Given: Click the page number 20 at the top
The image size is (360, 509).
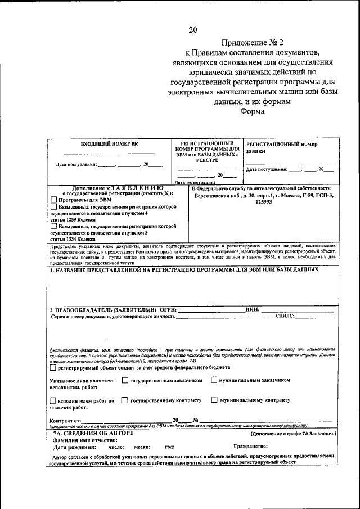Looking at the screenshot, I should (193, 29).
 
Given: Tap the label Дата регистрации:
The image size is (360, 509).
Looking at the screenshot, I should (196, 182).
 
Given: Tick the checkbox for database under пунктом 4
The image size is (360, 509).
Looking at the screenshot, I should (53, 208).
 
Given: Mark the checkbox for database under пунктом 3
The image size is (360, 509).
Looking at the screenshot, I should (53, 226).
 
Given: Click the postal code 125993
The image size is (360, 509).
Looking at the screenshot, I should (263, 202).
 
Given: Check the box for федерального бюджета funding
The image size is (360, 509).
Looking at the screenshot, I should (53, 368).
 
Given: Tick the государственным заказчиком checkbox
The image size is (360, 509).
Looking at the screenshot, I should (125, 380).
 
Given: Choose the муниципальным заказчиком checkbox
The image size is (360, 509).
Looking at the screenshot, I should (214, 380).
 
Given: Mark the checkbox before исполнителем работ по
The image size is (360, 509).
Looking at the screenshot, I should (53, 400).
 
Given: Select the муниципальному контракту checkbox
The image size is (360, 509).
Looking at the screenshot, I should (214, 400).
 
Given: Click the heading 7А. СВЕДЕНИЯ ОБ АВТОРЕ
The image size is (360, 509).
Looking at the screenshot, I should (93, 434).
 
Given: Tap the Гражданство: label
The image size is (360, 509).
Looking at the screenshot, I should (251, 447).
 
